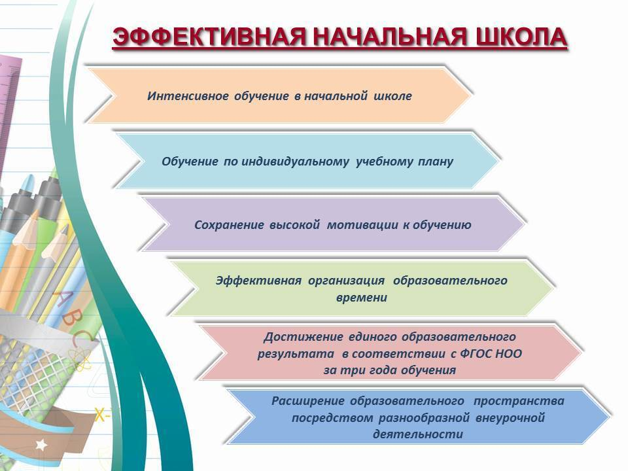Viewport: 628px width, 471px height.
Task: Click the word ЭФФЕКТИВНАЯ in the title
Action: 209,38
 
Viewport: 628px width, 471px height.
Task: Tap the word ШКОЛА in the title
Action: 521,38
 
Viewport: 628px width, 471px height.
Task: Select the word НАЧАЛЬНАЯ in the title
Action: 391,38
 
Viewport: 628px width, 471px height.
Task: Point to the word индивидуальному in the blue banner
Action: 295,162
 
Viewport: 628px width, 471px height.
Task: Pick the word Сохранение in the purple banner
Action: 229,225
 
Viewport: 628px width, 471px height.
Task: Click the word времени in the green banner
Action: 361,298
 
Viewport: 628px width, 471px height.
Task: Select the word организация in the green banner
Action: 346,281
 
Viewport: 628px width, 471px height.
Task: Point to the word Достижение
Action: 303,338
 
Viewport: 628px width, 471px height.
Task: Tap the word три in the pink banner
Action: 350,370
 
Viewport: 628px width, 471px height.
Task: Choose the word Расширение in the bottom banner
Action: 307,401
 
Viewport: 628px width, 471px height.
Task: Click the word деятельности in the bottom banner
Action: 418,434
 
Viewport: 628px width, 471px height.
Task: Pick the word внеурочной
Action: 510,418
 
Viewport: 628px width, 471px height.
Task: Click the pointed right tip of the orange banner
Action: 471,95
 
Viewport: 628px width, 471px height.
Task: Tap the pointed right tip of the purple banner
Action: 524,224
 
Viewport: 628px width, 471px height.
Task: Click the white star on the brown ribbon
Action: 41,444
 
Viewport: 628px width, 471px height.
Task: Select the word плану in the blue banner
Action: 436,162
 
